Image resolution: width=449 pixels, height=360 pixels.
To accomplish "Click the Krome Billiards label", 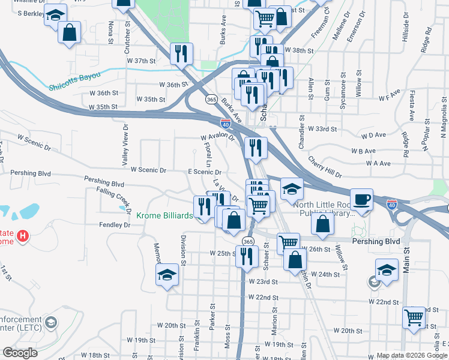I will point(164,215).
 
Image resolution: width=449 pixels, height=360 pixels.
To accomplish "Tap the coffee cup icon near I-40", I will point(362,199).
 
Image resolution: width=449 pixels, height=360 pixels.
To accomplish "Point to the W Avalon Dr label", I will point(217,137).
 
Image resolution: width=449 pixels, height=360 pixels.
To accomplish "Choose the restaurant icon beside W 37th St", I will point(180,53).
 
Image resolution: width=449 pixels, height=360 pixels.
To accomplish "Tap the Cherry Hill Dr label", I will point(325,168).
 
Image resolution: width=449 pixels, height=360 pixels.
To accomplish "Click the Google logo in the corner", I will point(20,353).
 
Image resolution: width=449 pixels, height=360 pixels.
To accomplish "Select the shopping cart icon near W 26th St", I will point(288,243).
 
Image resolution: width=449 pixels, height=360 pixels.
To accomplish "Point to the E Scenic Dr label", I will point(205,172).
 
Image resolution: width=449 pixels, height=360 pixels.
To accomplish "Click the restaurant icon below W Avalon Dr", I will point(256,148).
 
